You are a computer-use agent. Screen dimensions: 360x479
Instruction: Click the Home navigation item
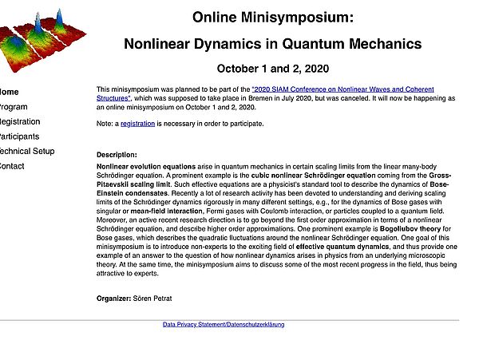pyautogui.click(x=8, y=92)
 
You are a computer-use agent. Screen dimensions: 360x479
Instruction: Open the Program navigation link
pyautogui.click(x=14, y=107)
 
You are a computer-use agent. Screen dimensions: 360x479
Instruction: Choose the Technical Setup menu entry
pyautogui.click(x=26, y=151)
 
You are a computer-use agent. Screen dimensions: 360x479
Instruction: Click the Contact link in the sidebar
pyautogui.click(x=12, y=166)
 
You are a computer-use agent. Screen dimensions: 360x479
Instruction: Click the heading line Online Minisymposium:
pyautogui.click(x=272, y=17)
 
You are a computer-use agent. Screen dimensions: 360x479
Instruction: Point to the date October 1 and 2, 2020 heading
pyautogui.click(x=272, y=69)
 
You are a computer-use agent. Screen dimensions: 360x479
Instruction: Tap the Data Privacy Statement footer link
pyautogui.click(x=224, y=325)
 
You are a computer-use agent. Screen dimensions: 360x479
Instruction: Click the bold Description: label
pyautogui.click(x=117, y=154)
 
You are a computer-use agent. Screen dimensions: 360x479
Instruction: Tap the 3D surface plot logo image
pyautogui.click(x=36, y=36)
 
